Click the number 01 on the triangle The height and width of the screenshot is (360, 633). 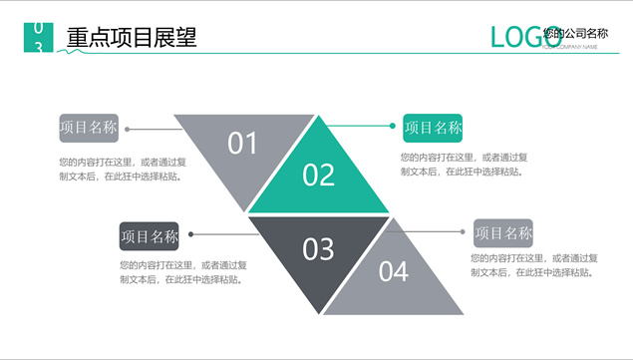(242, 144)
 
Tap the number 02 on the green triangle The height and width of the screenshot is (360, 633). (319, 176)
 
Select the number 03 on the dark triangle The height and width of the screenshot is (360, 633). (318, 248)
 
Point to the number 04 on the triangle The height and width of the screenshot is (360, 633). (393, 271)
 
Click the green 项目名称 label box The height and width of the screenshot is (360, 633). (433, 128)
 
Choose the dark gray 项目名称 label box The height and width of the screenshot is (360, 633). (149, 236)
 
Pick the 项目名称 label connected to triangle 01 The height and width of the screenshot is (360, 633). (89, 128)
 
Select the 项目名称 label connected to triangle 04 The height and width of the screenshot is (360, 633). (502, 233)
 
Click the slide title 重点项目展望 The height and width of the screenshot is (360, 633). (132, 38)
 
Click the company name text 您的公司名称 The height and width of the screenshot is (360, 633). (575, 34)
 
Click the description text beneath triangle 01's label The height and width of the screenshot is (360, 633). (128, 169)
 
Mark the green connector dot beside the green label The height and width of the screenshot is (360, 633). (393, 127)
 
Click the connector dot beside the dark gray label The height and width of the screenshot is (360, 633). (190, 235)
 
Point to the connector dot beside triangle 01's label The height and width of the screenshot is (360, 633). (128, 129)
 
